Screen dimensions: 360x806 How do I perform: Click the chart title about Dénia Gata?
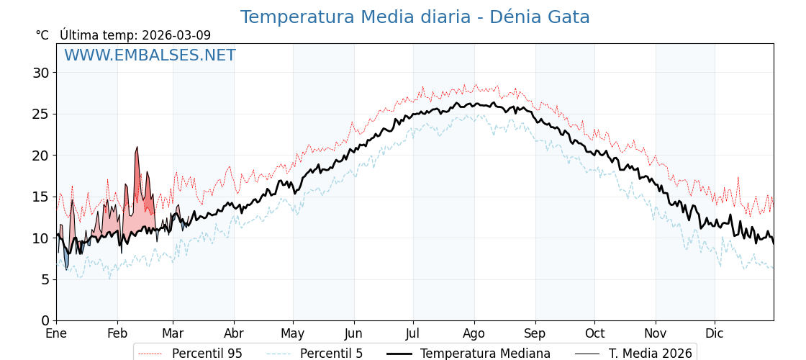pyautogui.click(x=415, y=17)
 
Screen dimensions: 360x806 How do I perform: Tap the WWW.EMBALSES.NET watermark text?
pyautogui.click(x=150, y=55)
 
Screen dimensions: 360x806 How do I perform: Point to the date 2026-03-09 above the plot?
pyautogui.click(x=176, y=35)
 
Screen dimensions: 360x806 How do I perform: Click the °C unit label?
pyautogui.click(x=42, y=35)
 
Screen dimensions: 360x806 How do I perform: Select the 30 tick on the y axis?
pyautogui.click(x=41, y=73)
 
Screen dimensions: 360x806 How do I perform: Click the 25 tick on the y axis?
pyautogui.click(x=41, y=114)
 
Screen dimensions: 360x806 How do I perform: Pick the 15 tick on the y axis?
pyautogui.click(x=41, y=197)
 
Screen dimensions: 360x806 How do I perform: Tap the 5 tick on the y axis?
pyautogui.click(x=45, y=279)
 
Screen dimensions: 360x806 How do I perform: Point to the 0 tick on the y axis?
pyautogui.click(x=45, y=320)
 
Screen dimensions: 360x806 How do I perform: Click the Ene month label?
pyautogui.click(x=56, y=334)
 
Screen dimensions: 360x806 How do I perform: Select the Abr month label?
pyautogui.click(x=234, y=334)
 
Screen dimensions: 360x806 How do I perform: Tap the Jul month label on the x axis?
pyautogui.click(x=413, y=334)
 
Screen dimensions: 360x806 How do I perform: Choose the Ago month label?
pyautogui.click(x=474, y=334)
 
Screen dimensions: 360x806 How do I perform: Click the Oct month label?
pyautogui.click(x=594, y=334)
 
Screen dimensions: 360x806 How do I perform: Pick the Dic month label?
pyautogui.click(x=715, y=334)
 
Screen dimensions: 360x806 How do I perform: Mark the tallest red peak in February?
pyautogui.click(x=137, y=148)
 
